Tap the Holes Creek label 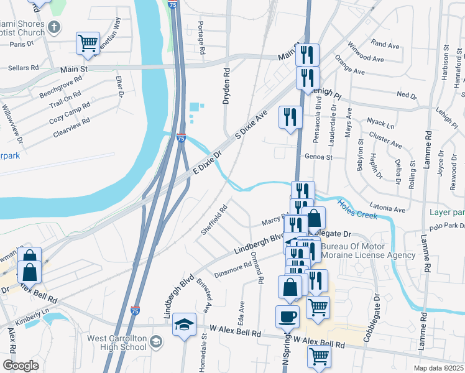point(357,209)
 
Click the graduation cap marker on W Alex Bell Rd point(184,325)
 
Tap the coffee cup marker point(287,315)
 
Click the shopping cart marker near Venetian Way point(88,43)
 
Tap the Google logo point(21,366)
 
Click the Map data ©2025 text point(438,368)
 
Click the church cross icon point(54,27)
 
